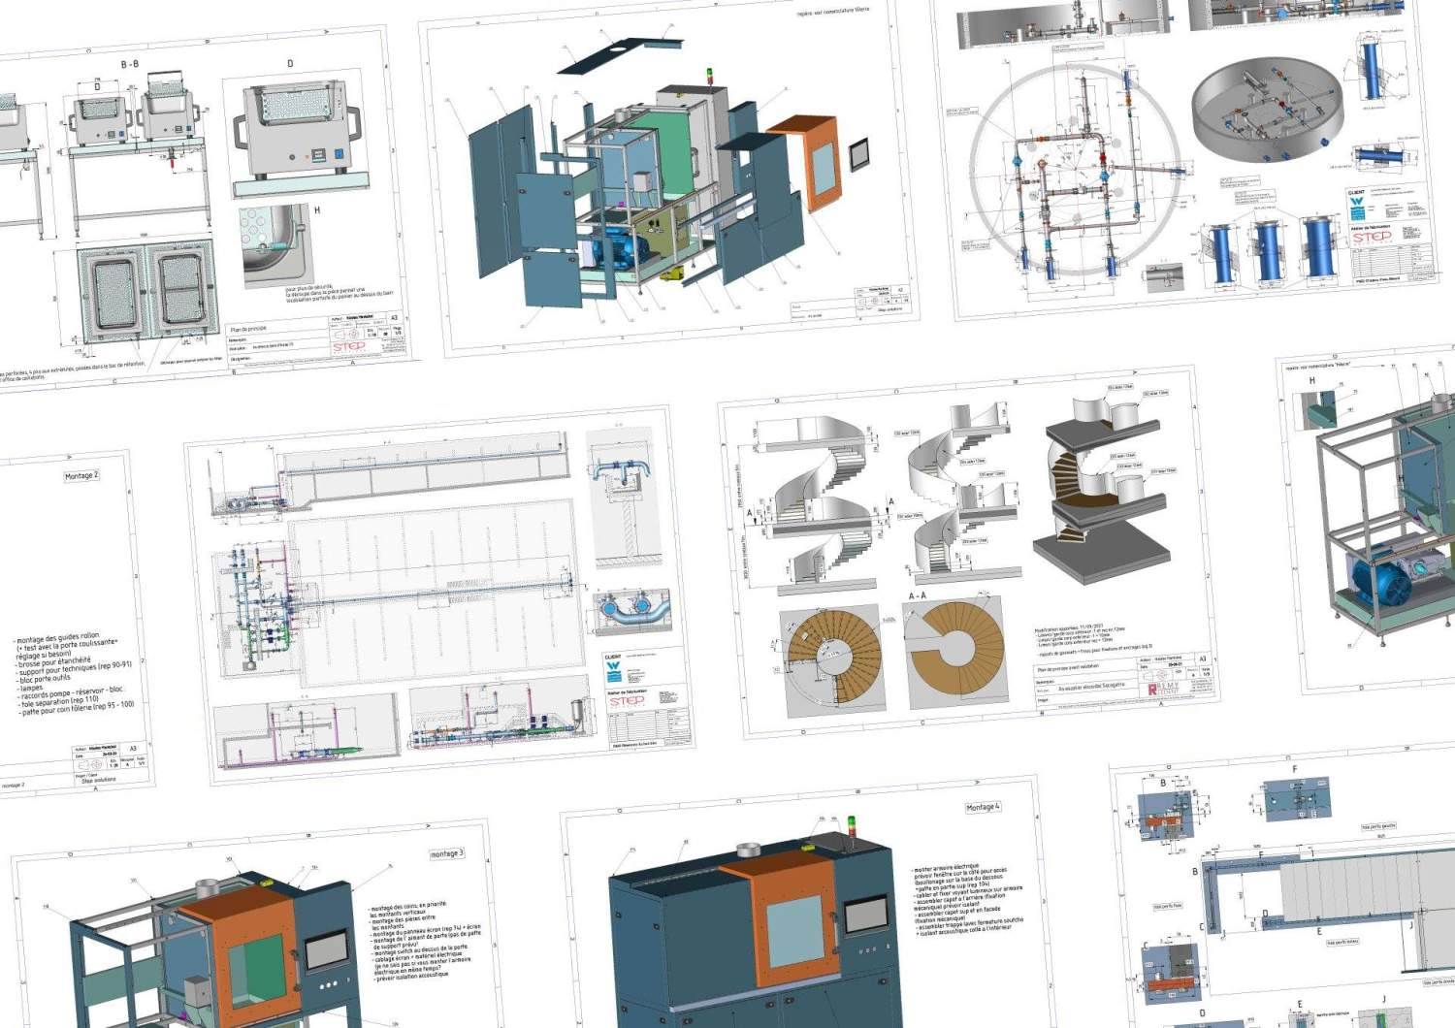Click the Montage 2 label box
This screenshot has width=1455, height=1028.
coord(81,476)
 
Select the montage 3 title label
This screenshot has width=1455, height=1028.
coord(446,853)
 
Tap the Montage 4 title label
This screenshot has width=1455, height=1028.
coord(982,807)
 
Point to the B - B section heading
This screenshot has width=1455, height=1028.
coord(129,64)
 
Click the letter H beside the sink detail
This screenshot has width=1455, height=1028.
coord(317,209)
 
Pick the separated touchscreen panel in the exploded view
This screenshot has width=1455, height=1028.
coord(860,155)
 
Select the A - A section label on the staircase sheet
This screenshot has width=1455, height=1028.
coord(917,595)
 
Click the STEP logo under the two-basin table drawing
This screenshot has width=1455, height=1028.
coord(348,346)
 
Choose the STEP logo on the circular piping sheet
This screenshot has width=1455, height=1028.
coord(1372,238)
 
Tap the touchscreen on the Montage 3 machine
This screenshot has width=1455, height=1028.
coord(327,951)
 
